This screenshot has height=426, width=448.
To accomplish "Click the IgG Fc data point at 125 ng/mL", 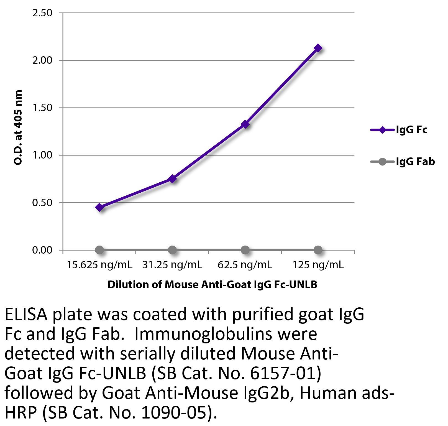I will click(x=318, y=48).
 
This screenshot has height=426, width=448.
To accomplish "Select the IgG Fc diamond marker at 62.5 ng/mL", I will click(x=245, y=124).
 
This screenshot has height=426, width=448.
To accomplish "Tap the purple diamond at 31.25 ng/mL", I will click(x=172, y=179).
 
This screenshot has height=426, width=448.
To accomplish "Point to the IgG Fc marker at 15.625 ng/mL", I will click(x=100, y=207).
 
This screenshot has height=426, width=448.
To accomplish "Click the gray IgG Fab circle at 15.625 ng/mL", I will click(x=99, y=250).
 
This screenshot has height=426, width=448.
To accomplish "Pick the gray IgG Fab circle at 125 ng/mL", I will click(x=318, y=250).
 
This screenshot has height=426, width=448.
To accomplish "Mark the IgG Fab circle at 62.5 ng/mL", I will click(x=245, y=250).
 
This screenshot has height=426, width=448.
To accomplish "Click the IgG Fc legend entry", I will click(x=399, y=130).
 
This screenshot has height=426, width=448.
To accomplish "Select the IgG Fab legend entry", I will click(x=402, y=161).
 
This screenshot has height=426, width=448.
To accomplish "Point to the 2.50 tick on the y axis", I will click(x=42, y=13).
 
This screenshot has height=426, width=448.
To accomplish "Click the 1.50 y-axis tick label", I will click(x=42, y=108).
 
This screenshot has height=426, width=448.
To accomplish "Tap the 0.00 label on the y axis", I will click(x=42, y=250).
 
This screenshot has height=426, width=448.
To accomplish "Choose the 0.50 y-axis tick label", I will click(x=42, y=203).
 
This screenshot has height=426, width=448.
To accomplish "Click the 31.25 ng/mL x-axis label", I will click(x=172, y=265).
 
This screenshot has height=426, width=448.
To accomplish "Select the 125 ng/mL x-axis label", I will click(x=318, y=265).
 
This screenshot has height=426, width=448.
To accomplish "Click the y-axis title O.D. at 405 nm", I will click(x=18, y=127).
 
